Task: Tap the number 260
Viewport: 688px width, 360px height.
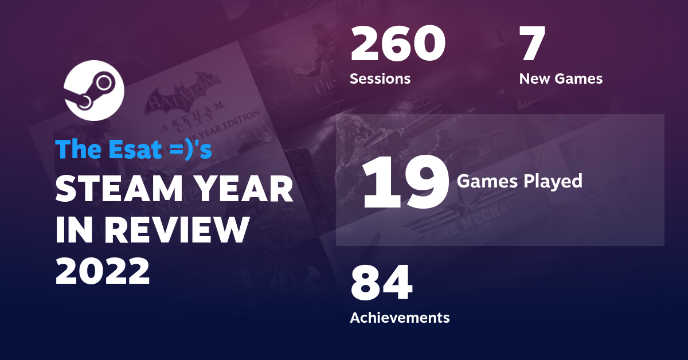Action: point(397,45)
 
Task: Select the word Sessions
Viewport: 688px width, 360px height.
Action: point(380,79)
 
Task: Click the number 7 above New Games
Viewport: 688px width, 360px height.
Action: point(532,45)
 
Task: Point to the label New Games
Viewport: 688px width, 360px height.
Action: point(561,79)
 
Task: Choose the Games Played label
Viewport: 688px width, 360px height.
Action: point(519,182)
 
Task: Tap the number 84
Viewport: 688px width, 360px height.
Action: point(381,284)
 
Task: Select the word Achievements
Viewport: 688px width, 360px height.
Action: point(400,317)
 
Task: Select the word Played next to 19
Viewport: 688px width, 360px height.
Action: point(554,182)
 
